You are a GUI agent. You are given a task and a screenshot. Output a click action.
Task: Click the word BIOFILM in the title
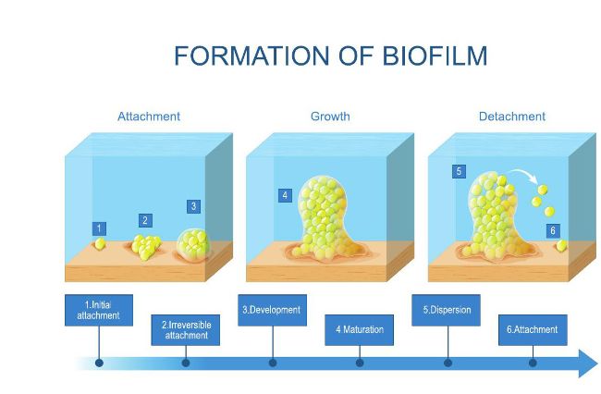(435, 55)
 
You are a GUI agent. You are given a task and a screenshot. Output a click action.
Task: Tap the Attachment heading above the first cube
(149, 117)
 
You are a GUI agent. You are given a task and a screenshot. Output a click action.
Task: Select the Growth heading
(330, 117)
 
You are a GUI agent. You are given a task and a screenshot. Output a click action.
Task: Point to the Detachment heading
(511, 117)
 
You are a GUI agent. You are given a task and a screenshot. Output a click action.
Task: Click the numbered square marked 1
(99, 228)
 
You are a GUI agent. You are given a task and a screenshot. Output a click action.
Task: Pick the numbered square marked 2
(145, 220)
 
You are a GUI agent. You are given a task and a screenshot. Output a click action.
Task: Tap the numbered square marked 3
(193, 206)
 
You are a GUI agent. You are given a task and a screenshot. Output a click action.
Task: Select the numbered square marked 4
(285, 195)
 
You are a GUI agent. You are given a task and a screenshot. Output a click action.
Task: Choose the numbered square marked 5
(459, 171)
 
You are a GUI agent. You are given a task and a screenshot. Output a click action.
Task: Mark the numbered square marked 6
(553, 230)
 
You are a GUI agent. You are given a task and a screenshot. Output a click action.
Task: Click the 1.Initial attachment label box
(99, 310)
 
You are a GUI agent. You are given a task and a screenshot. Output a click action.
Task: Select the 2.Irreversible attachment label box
(186, 330)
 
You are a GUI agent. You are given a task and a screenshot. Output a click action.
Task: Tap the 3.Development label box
(272, 310)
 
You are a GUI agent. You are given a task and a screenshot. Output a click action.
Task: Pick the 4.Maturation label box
(359, 330)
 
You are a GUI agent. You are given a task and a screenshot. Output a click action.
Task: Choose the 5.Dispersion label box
(447, 310)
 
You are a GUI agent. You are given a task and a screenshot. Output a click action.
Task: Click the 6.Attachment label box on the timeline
(533, 330)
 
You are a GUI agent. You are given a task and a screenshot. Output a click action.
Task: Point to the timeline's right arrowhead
(588, 363)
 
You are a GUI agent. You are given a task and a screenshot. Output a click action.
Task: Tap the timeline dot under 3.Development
(273, 363)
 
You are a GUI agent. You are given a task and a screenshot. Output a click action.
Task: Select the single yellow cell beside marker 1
(100, 244)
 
